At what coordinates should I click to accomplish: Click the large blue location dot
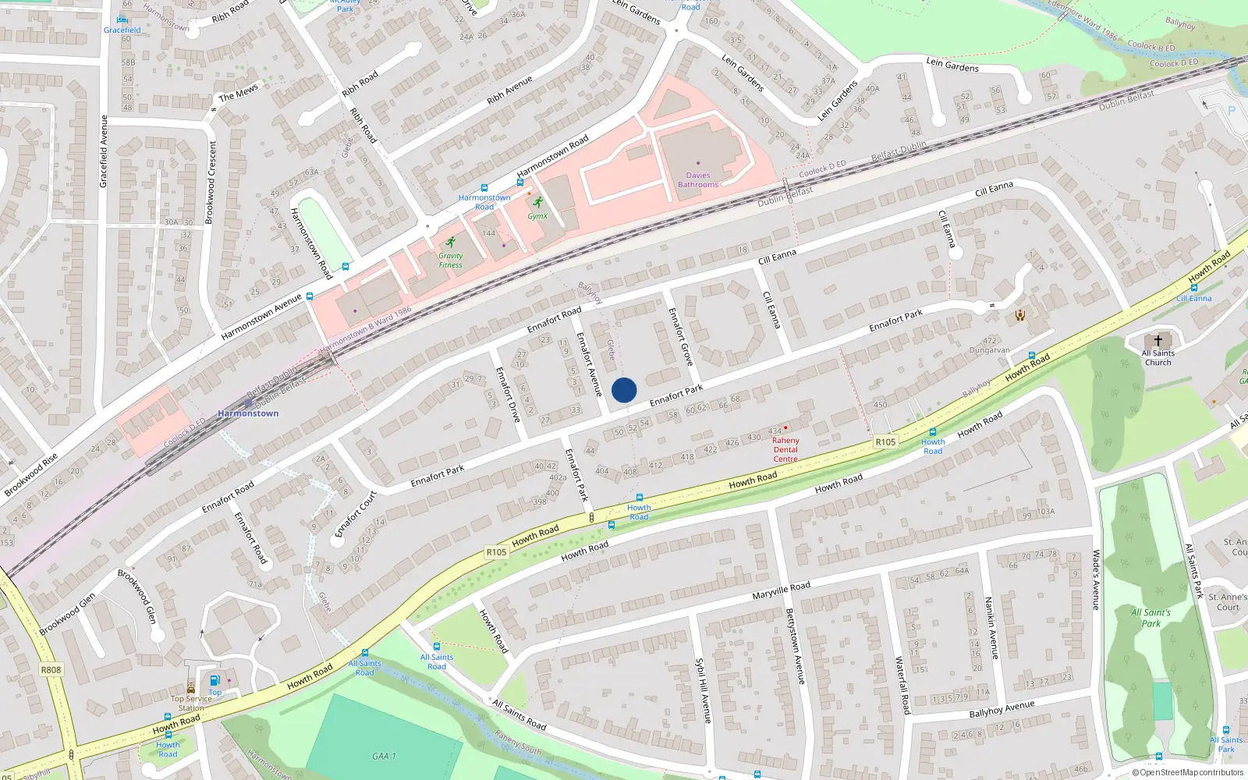pyautogui.click(x=624, y=390)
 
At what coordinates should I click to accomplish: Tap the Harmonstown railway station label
pyautogui.click(x=248, y=413)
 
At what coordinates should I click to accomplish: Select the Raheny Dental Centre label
pyautogui.click(x=785, y=450)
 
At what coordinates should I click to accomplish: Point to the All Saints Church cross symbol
pyautogui.click(x=1158, y=341)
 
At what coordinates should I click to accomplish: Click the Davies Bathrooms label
pyautogui.click(x=698, y=180)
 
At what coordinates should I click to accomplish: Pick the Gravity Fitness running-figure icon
pyautogui.click(x=450, y=243)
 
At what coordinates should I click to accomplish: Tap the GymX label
pyautogui.click(x=537, y=216)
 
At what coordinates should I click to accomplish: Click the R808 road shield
pyautogui.click(x=51, y=669)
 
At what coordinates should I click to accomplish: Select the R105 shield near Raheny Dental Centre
pyautogui.click(x=885, y=441)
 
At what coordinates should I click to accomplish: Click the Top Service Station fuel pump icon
pyautogui.click(x=215, y=681)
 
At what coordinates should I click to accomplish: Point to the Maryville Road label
pyautogui.click(x=781, y=590)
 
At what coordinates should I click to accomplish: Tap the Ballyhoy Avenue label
pyautogui.click(x=1002, y=709)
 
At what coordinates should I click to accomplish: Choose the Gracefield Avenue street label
pyautogui.click(x=103, y=151)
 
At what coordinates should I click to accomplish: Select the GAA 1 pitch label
pyautogui.click(x=384, y=756)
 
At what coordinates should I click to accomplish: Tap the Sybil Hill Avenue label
pyautogui.click(x=703, y=690)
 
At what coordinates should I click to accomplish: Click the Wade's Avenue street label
pyautogui.click(x=1096, y=579)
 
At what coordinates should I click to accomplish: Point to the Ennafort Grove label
pyautogui.click(x=681, y=336)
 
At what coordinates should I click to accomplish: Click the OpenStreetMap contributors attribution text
pyautogui.click(x=1188, y=772)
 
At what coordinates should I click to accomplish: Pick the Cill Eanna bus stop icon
pyautogui.click(x=1193, y=288)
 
